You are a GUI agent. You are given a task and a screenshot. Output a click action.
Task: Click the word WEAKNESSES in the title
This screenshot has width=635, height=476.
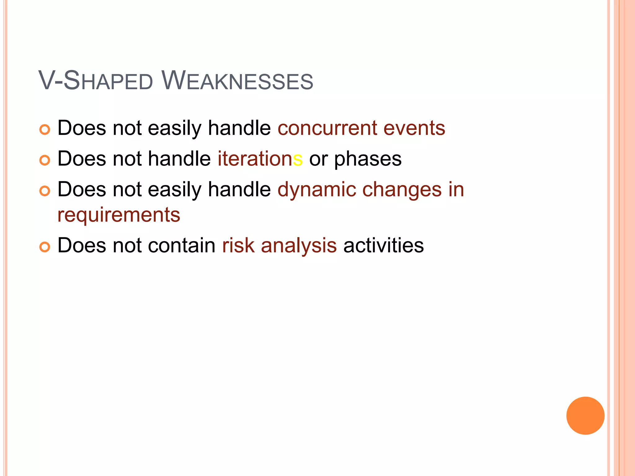coord(237,81)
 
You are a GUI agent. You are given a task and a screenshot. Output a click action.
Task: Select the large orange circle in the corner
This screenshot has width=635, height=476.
coord(585,416)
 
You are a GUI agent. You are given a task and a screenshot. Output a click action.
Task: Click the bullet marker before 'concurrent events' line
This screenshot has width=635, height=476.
coord(45,130)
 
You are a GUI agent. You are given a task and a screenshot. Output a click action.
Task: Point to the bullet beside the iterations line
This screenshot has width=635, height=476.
coord(45,160)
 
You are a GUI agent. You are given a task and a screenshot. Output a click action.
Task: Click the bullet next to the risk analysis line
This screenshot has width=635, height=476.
coord(45,247)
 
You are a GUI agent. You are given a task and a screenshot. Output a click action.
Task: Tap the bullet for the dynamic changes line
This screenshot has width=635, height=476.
coord(45,191)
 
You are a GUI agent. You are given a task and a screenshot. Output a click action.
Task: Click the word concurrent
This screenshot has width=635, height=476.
coord(327,128)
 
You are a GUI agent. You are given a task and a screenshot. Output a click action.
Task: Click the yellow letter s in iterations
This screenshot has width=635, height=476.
coord(298,160)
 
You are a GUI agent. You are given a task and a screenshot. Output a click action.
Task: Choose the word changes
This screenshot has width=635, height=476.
coord(402,190)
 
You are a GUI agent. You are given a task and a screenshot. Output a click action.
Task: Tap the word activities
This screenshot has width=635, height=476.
coord(384,245)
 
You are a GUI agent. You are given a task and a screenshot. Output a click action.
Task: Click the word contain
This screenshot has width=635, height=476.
coord(181,245)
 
